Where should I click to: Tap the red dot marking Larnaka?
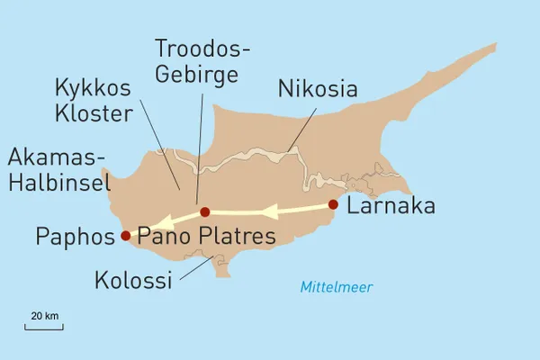pos(334,204)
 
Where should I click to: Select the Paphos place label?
pos(76,237)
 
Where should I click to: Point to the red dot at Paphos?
pos(125,237)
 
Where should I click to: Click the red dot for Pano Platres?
pos(205,212)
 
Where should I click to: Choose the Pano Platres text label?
pos(206,237)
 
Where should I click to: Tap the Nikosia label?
pos(318,89)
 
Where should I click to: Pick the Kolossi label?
pos(132,281)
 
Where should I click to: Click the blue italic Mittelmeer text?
pos(337,288)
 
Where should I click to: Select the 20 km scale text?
pos(44,316)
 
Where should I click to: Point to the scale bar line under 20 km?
pos(44,327)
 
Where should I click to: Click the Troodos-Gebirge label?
pos(197,60)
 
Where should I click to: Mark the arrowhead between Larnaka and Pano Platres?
pos(269,212)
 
